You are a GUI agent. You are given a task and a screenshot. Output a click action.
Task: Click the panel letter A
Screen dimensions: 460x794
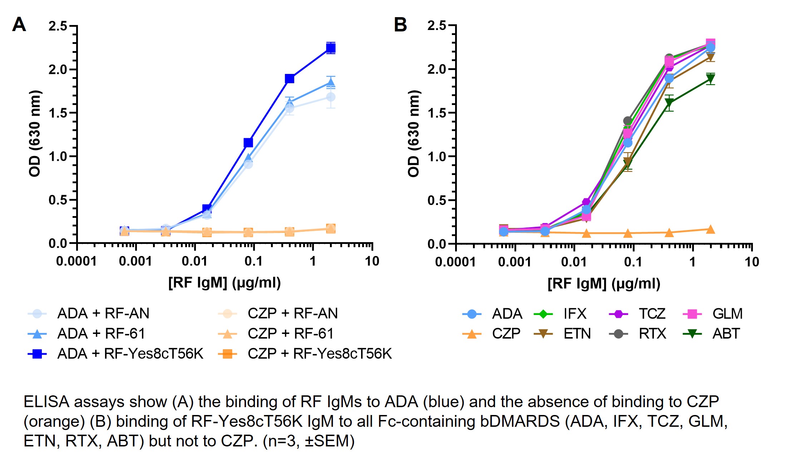tap(19, 25)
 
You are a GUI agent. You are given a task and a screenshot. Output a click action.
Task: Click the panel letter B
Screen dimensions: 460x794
tap(400, 25)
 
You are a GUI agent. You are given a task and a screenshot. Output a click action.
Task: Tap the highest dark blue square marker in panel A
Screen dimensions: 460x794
tap(331, 48)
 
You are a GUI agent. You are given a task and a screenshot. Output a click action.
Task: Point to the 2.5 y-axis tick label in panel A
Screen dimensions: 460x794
tap(58, 26)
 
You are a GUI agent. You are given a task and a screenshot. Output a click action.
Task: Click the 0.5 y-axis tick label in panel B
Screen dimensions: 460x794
tap(437, 200)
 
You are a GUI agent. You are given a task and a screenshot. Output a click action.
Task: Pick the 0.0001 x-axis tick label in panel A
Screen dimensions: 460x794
tap(77, 261)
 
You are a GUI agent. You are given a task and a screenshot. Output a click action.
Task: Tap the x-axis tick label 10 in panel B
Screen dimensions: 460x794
tap(751, 262)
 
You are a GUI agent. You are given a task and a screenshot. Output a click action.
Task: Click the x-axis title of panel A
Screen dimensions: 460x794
tap(225, 283)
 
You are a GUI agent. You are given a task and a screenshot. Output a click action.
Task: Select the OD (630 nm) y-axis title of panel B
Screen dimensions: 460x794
tap(414, 134)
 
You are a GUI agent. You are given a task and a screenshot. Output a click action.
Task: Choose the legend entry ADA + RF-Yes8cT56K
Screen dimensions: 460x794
tap(130, 354)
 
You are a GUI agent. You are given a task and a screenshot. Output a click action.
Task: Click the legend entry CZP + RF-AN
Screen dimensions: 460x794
tap(292, 314)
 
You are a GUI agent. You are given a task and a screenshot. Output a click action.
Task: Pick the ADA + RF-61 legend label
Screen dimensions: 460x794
tap(101, 334)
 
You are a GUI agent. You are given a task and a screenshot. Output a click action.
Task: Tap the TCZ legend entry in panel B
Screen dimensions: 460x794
tap(652, 314)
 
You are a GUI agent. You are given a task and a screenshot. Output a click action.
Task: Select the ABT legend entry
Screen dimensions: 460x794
tap(726, 334)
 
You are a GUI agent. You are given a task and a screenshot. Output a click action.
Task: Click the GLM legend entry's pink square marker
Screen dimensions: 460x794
tap(692, 314)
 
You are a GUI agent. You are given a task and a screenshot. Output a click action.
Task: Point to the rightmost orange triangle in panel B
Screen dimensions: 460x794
tap(711, 230)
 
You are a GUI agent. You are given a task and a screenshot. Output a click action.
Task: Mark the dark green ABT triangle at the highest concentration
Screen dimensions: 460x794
tap(711, 79)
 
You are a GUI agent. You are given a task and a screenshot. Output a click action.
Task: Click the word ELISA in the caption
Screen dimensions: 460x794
tap(46, 402)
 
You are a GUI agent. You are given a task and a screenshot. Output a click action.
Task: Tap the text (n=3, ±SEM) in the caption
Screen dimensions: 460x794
tap(309, 441)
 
